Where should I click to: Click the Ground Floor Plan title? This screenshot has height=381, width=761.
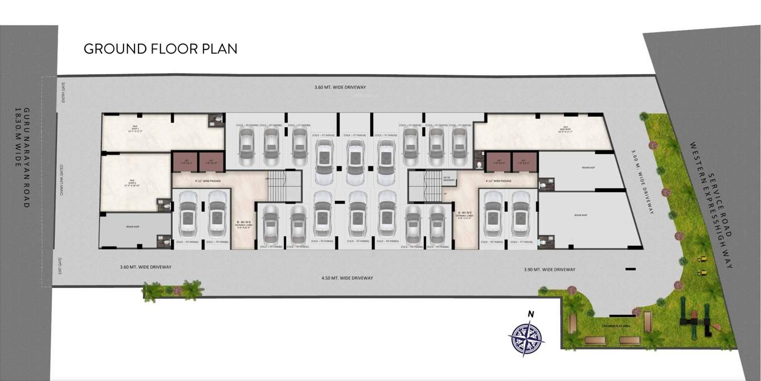pos(160,49)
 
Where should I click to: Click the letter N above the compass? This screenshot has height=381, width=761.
pos(530,314)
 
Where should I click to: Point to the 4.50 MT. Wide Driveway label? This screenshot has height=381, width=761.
pos(347,278)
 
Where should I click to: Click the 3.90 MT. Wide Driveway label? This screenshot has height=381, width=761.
pos(549,269)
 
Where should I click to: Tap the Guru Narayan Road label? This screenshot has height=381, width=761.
pos(22,157)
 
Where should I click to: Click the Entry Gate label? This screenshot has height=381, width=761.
pos(64,92)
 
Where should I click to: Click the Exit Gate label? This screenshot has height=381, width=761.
pos(60,265)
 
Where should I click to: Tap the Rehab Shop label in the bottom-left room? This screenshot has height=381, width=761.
pos(133,226)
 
